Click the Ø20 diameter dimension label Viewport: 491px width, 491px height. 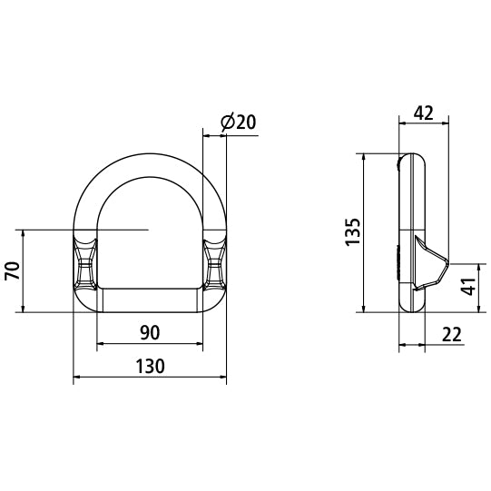pyautogui.click(x=237, y=122)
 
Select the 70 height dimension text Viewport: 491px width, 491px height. pyautogui.click(x=13, y=272)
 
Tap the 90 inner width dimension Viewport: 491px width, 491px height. pyautogui.click(x=150, y=333)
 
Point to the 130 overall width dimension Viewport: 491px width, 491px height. pyautogui.click(x=150, y=366)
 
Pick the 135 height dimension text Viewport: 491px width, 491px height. pyautogui.click(x=353, y=231)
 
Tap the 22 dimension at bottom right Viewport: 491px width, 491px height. pyautogui.click(x=451, y=334)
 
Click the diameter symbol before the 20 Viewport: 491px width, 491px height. pyautogui.click(x=227, y=122)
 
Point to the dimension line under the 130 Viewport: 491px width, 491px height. pyautogui.click(x=150, y=377)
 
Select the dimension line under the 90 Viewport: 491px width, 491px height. pyautogui.click(x=150, y=344)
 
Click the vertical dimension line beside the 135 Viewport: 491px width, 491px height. pyautogui.click(x=365, y=231)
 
